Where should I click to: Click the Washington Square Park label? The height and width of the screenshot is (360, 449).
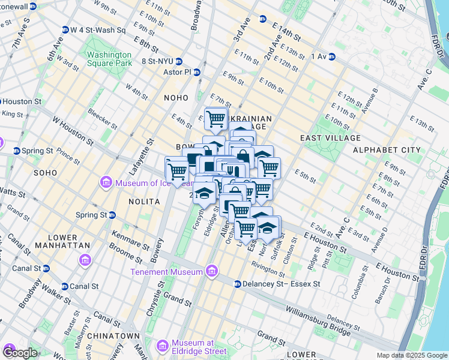pyautogui.click(x=109, y=58)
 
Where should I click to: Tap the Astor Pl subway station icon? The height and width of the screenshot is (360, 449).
pyautogui.click(x=197, y=72)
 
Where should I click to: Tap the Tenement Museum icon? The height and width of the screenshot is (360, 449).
pyautogui.click(x=211, y=272)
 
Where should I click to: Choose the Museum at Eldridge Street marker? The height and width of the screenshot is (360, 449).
pyautogui.click(x=162, y=346)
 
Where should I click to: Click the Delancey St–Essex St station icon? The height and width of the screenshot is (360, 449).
pyautogui.click(x=238, y=284)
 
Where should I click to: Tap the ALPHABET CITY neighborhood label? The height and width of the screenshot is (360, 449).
pyautogui.click(x=387, y=149)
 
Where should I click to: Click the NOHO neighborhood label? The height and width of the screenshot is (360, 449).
pyautogui.click(x=176, y=97)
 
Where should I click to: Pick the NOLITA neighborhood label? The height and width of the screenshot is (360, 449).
pyautogui.click(x=144, y=202)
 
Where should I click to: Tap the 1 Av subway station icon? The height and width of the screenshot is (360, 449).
pyautogui.click(x=331, y=57)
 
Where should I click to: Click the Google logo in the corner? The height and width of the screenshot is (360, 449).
pyautogui.click(x=20, y=353)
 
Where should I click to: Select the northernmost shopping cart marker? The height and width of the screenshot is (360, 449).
pyautogui.click(x=215, y=118)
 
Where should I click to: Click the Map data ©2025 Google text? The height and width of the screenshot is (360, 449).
pyautogui.click(x=412, y=355)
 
